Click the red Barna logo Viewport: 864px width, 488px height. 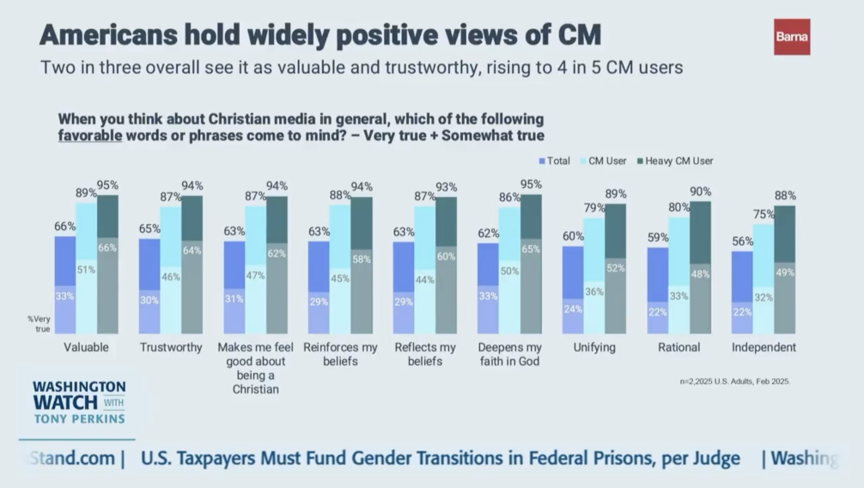pyautogui.click(x=791, y=37)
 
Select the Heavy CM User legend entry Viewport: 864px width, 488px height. pyautogui.click(x=674, y=161)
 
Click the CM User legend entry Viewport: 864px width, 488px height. pyautogui.click(x=605, y=161)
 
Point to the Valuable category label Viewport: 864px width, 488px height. pyautogui.click(x=86, y=348)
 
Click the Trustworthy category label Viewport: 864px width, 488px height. pyautogui.click(x=171, y=348)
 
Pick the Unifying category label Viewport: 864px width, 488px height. pyautogui.click(x=593, y=348)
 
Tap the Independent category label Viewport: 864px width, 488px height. pyautogui.click(x=764, y=348)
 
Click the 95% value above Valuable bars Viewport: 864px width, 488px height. pyautogui.click(x=107, y=185)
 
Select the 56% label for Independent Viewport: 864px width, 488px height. pyautogui.click(x=742, y=241)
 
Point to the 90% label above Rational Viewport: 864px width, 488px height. pyautogui.click(x=701, y=191)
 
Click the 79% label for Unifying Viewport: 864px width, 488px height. pyautogui.click(x=594, y=208)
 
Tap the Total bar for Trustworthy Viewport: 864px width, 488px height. pyautogui.click(x=149, y=285)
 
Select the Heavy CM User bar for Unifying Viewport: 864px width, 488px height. pyautogui.click(x=616, y=268)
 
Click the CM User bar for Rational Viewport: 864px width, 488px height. pyautogui.click(x=678, y=275)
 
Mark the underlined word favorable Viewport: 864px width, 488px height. pyautogui.click(x=88, y=136)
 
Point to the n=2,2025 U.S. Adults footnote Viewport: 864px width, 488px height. pyautogui.click(x=733, y=381)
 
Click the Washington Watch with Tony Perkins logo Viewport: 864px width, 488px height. pyautogui.click(x=79, y=401)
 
